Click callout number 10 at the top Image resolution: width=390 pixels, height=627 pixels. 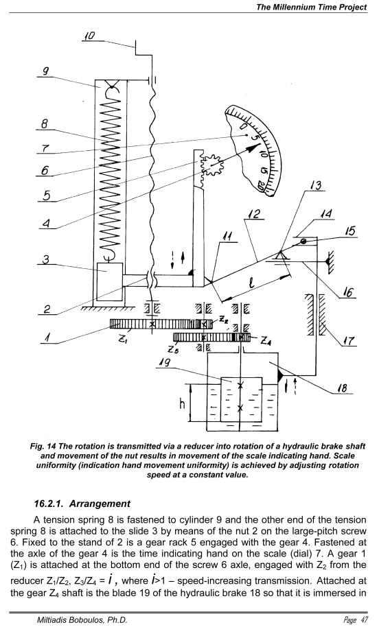point(89,36)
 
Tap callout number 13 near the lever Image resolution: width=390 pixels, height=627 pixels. point(316,185)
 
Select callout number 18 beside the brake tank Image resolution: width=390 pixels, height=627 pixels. point(343,388)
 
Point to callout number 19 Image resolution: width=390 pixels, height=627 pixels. point(165,362)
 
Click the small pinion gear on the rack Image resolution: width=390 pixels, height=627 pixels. point(211,165)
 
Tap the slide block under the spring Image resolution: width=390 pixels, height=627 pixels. point(110,281)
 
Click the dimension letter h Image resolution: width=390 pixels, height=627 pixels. point(182,404)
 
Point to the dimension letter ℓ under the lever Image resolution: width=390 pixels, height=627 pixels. point(251,283)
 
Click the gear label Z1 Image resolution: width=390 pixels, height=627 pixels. point(122,340)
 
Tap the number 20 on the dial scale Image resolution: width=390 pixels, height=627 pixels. point(262,186)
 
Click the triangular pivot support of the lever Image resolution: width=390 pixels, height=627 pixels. point(282,255)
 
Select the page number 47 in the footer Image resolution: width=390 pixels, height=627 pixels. point(363,620)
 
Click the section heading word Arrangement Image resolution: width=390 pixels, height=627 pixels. point(100,504)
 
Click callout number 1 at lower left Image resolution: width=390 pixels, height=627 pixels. point(47,338)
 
